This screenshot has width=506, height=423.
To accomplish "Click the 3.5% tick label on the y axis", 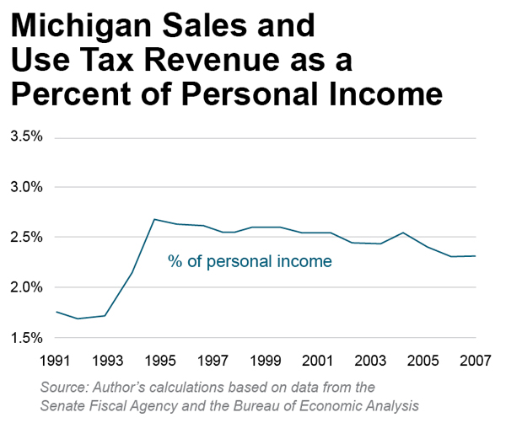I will point(26,137).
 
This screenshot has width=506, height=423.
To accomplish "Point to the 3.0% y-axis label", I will point(26,187).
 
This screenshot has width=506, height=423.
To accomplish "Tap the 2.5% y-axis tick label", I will point(26,238).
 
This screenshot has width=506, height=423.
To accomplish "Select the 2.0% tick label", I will point(26,287).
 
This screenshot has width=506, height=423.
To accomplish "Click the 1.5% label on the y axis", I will point(26,338).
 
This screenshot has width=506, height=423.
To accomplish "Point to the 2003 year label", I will point(371,361).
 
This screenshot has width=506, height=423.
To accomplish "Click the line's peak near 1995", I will point(154,219).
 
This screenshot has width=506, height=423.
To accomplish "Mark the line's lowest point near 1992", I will point(77,319).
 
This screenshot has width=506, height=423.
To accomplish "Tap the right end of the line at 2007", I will point(476,256).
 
